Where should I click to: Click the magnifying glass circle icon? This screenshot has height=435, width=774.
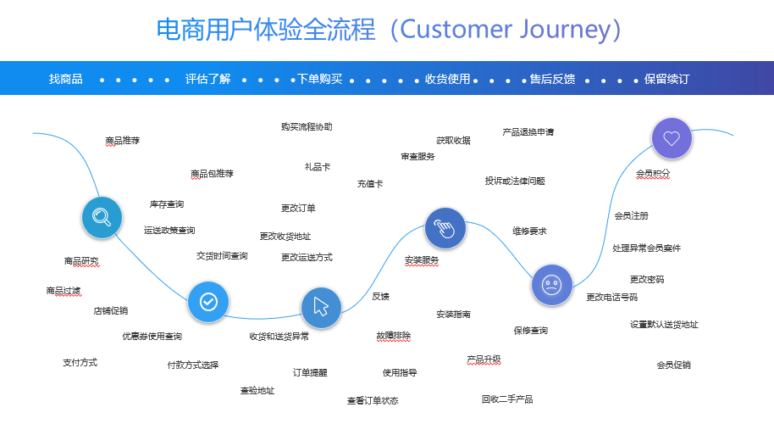[102, 217]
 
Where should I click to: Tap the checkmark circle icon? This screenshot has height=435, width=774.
[208, 301]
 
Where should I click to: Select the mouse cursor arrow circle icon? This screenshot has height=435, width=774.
[321, 308]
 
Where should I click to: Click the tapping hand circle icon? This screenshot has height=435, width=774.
[445, 228]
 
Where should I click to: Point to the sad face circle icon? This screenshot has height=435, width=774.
[552, 285]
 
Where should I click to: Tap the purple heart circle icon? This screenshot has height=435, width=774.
[672, 138]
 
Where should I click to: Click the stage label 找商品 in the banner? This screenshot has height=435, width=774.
[66, 79]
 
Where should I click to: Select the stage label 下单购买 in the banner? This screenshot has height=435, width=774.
[320, 79]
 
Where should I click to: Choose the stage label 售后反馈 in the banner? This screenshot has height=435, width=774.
[552, 79]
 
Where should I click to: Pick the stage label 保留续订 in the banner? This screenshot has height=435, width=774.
[666, 79]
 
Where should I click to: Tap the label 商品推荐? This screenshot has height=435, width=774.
[123, 141]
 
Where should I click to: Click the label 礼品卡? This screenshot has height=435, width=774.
[318, 167]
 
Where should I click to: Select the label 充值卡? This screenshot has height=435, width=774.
[370, 184]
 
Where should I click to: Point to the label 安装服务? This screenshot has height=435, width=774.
[422, 260]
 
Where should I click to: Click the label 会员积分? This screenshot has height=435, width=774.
[653, 174]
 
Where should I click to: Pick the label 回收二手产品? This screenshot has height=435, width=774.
[507, 399]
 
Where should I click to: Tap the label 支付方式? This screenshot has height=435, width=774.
[80, 363]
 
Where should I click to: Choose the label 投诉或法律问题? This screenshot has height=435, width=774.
[515, 181]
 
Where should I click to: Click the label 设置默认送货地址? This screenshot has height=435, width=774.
[664, 325]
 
